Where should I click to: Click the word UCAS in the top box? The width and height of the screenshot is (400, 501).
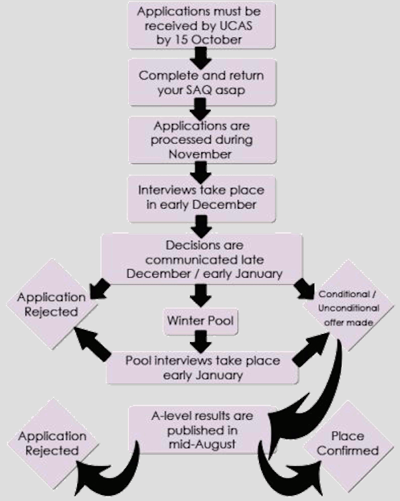point(236,26)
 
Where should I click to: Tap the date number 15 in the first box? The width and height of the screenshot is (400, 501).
point(181,40)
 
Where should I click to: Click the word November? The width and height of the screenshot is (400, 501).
point(200,154)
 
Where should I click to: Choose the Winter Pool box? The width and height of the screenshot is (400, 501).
point(201,321)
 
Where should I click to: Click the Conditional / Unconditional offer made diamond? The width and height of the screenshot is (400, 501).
point(348,307)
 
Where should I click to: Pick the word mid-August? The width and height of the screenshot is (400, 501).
point(202,445)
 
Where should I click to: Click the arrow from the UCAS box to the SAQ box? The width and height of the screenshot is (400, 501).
point(201,58)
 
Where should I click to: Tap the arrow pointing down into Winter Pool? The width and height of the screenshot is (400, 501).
point(201,296)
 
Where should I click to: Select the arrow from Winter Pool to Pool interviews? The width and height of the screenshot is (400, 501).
point(201,342)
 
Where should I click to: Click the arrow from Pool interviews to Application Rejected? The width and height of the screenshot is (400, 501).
point(92,345)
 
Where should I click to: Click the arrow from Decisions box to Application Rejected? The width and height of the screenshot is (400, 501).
point(100,289)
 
